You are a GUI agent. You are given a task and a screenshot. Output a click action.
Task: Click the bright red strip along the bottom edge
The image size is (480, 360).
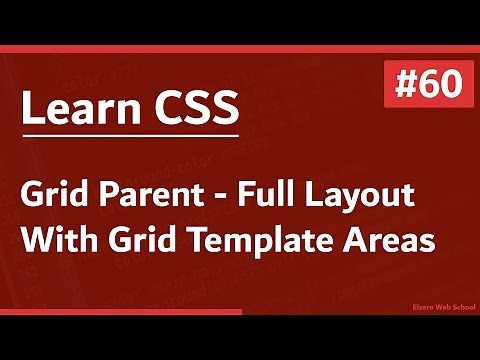(x=120, y=313)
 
